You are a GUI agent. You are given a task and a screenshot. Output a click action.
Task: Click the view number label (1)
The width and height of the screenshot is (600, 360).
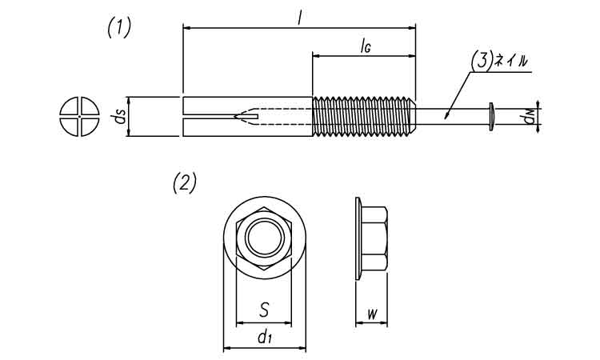pyautogui.click(x=118, y=28)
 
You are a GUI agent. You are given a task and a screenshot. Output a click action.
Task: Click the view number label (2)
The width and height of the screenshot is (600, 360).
pyautogui.click(x=184, y=183)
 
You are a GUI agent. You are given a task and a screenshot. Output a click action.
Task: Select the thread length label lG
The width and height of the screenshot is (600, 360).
pyautogui.click(x=364, y=46)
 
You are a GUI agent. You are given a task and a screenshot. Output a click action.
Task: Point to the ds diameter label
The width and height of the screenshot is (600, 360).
pyautogui.click(x=119, y=117)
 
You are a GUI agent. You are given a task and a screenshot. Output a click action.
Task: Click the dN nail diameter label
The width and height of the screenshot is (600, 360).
pyautogui.click(x=527, y=118)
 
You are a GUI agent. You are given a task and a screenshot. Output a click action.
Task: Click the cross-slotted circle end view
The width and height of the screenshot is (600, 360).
pyautogui.click(x=77, y=117)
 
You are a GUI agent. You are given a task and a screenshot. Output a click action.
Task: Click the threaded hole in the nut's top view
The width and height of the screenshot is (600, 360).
pyautogui.click(x=263, y=238)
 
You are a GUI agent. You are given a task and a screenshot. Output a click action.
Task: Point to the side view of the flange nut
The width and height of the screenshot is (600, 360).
pyautogui.click(x=371, y=238)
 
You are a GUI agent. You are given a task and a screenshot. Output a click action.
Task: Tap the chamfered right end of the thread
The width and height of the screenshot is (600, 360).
pyautogui.click(x=412, y=117)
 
